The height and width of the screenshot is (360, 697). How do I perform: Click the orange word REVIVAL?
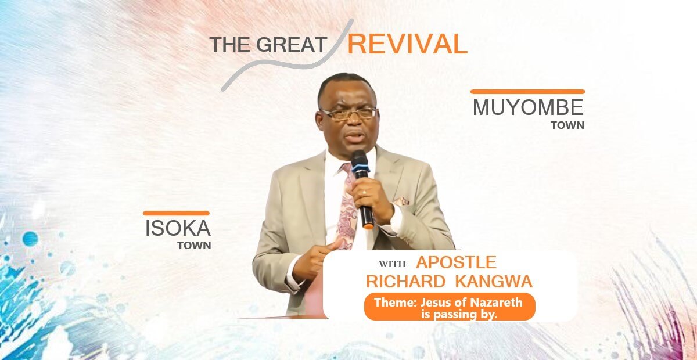tap(407, 44)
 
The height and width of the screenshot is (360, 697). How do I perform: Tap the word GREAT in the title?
tap(292, 45)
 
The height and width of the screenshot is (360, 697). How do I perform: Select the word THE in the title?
tap(230, 45)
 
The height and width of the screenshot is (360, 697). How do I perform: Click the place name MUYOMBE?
tap(528, 107)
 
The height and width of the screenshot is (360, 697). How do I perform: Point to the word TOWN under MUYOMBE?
tap(567, 125)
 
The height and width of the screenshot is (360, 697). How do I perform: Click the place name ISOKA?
tap(178, 228)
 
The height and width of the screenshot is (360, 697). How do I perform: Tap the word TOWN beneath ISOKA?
tap(194, 246)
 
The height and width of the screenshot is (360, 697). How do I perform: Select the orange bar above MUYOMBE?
tap(527, 92)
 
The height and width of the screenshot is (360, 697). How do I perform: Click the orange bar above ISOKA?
tap(176, 213)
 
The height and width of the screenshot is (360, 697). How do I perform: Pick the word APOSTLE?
tap(456, 262)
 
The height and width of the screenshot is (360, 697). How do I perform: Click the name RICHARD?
tap(406, 282)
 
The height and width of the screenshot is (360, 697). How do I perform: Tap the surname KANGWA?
tap(494, 282)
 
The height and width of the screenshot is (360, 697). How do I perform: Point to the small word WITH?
tap(392, 264)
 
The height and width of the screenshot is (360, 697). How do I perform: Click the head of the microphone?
tap(360, 161)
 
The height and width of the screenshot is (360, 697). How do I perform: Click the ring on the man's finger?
tap(364, 193)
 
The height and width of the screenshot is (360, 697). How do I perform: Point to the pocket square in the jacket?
tap(401, 201)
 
